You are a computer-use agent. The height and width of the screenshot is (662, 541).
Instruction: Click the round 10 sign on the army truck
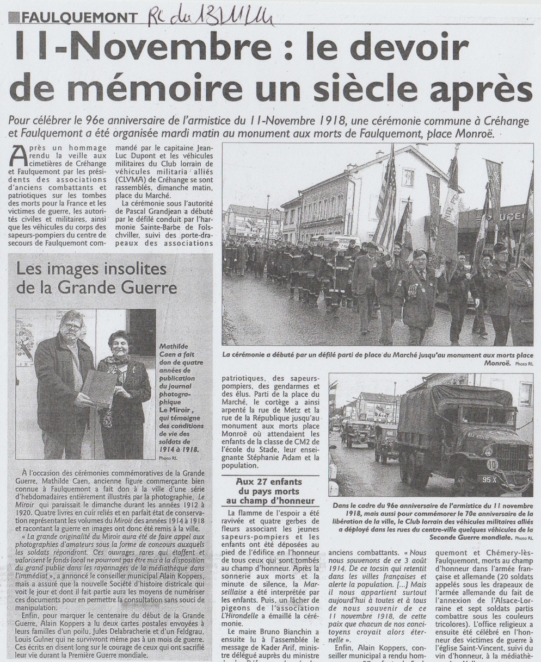491,464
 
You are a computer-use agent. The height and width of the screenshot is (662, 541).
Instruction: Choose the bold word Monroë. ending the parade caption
494,364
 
